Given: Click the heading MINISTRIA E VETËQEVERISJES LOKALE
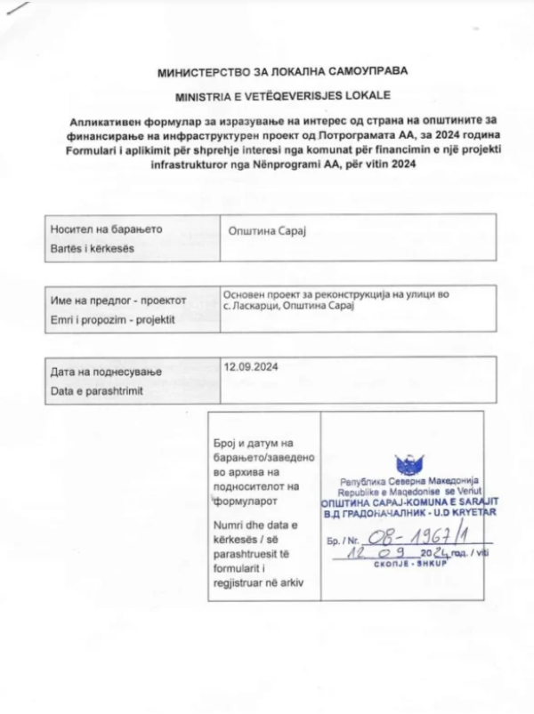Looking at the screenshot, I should [x=266, y=93].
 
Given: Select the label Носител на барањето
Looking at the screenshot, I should [x=107, y=229].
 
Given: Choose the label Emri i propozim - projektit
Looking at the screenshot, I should [x=114, y=318].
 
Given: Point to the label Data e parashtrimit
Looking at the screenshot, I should [x=99, y=389].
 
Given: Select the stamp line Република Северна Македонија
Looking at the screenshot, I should [x=409, y=482].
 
